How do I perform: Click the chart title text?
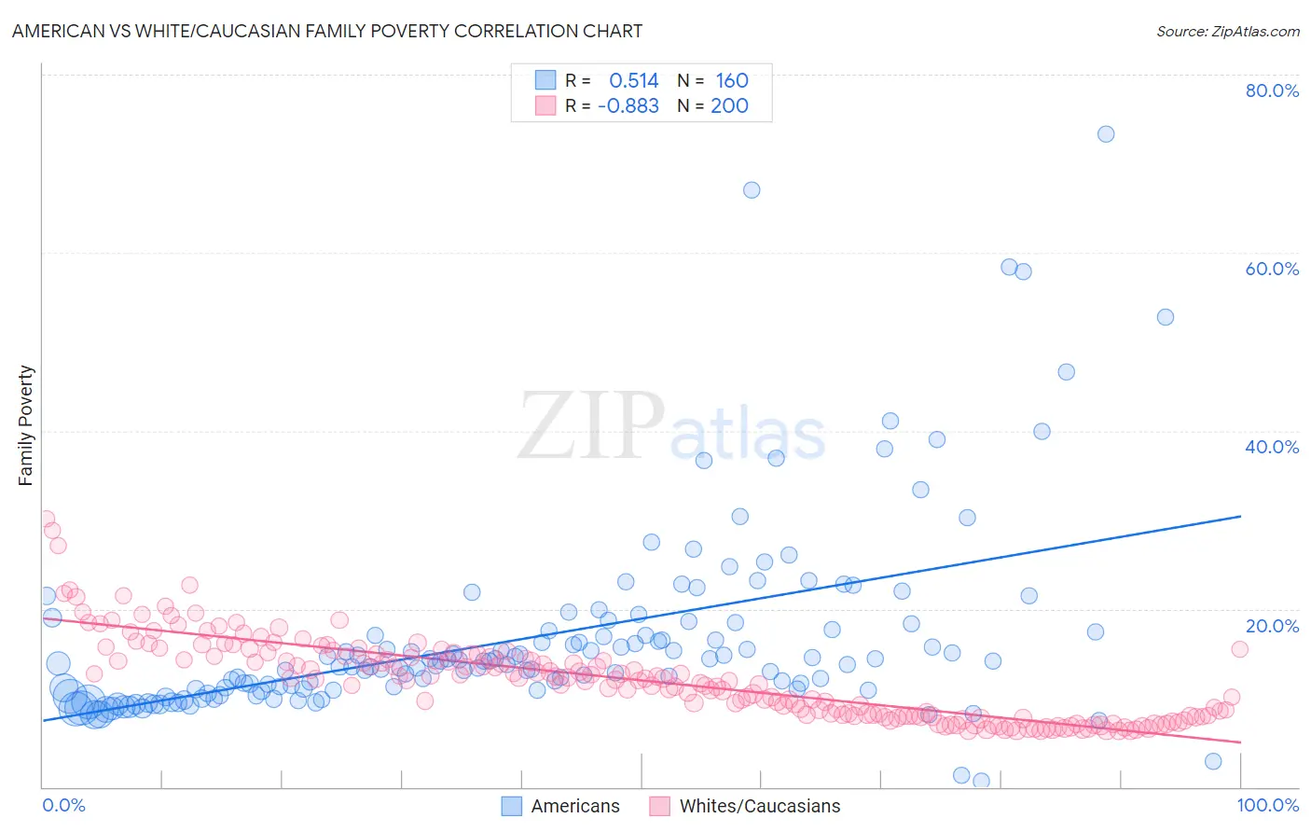[327, 31]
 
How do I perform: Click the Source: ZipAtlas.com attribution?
[1227, 31]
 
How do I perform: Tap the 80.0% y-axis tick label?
[1272, 90]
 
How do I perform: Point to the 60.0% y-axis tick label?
[1272, 269]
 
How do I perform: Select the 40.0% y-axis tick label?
[1272, 447]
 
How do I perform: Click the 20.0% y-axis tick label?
[1272, 626]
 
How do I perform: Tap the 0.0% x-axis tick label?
[63, 805]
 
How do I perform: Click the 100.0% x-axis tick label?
[1267, 805]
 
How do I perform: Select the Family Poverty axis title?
[26, 425]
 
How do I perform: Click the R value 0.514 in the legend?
[633, 81]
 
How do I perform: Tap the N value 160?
[732, 81]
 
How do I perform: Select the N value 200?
[729, 106]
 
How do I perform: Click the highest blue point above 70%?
[1106, 133]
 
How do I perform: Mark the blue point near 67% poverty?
[752, 190]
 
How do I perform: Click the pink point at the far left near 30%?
[46, 519]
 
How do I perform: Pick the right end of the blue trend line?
[1240, 516]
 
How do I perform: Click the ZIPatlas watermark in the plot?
[671, 426]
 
